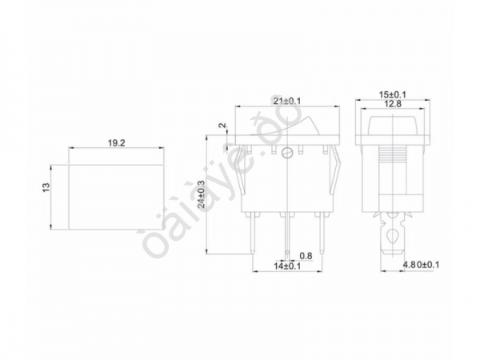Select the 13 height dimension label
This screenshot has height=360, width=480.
(x=47, y=186)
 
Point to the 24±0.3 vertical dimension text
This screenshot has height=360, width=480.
(x=202, y=194)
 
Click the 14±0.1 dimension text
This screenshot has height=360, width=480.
(x=287, y=266)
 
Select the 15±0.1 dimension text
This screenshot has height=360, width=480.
(x=392, y=94)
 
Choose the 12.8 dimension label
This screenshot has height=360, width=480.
(x=391, y=104)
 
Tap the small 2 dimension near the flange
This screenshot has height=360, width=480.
(x=220, y=126)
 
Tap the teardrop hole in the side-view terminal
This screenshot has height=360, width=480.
(x=391, y=237)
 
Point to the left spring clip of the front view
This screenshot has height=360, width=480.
(x=235, y=172)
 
